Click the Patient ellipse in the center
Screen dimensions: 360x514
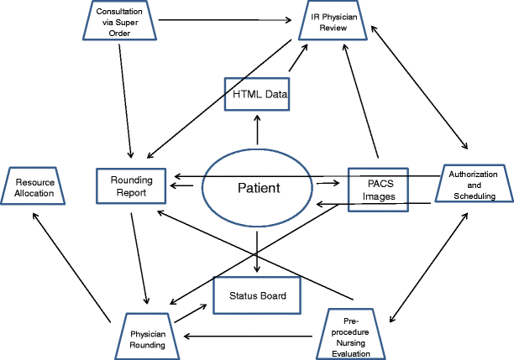[258, 187]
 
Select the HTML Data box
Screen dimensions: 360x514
[258, 94]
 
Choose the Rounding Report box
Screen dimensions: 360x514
[133, 186]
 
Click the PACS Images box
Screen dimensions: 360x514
[377, 187]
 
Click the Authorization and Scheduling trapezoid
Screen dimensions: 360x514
[472, 185]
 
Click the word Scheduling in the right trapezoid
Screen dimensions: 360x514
[473, 196]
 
